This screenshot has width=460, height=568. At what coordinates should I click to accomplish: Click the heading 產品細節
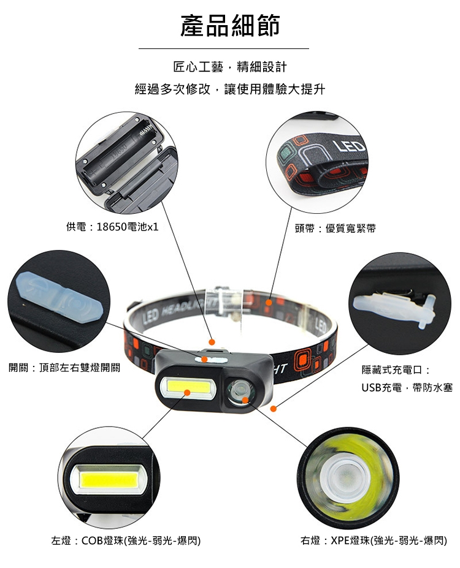pyautogui.click(x=230, y=26)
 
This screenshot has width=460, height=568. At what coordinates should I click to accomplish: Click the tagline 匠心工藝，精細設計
pyautogui.click(x=230, y=67)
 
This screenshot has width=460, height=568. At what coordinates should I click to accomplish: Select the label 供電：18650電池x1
pyautogui.click(x=112, y=227)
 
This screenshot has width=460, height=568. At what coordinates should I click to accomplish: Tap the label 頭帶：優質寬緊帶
pyautogui.click(x=335, y=228)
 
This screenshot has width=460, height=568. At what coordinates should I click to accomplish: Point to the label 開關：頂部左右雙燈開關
pyautogui.click(x=64, y=368)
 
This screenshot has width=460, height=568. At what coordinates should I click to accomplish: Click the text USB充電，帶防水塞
pyautogui.click(x=407, y=388)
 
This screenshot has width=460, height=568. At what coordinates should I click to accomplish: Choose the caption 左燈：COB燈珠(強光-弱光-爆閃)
pyautogui.click(x=126, y=541)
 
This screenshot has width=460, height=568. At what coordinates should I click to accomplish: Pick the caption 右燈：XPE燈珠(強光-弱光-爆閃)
pyautogui.click(x=374, y=541)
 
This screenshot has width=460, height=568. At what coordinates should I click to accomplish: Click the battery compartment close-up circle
pyautogui.click(x=126, y=162)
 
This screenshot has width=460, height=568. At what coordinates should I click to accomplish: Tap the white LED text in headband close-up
pyautogui.click(x=349, y=146)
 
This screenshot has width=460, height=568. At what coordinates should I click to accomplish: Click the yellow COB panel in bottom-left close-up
pyautogui.click(x=109, y=481)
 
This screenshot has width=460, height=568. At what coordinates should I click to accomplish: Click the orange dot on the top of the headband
pyautogui.click(x=269, y=303)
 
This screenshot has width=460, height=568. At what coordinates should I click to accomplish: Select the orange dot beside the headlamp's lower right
pyautogui.click(x=274, y=409)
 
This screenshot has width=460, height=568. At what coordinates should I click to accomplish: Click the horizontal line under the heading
pyautogui.click(x=224, y=48)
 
